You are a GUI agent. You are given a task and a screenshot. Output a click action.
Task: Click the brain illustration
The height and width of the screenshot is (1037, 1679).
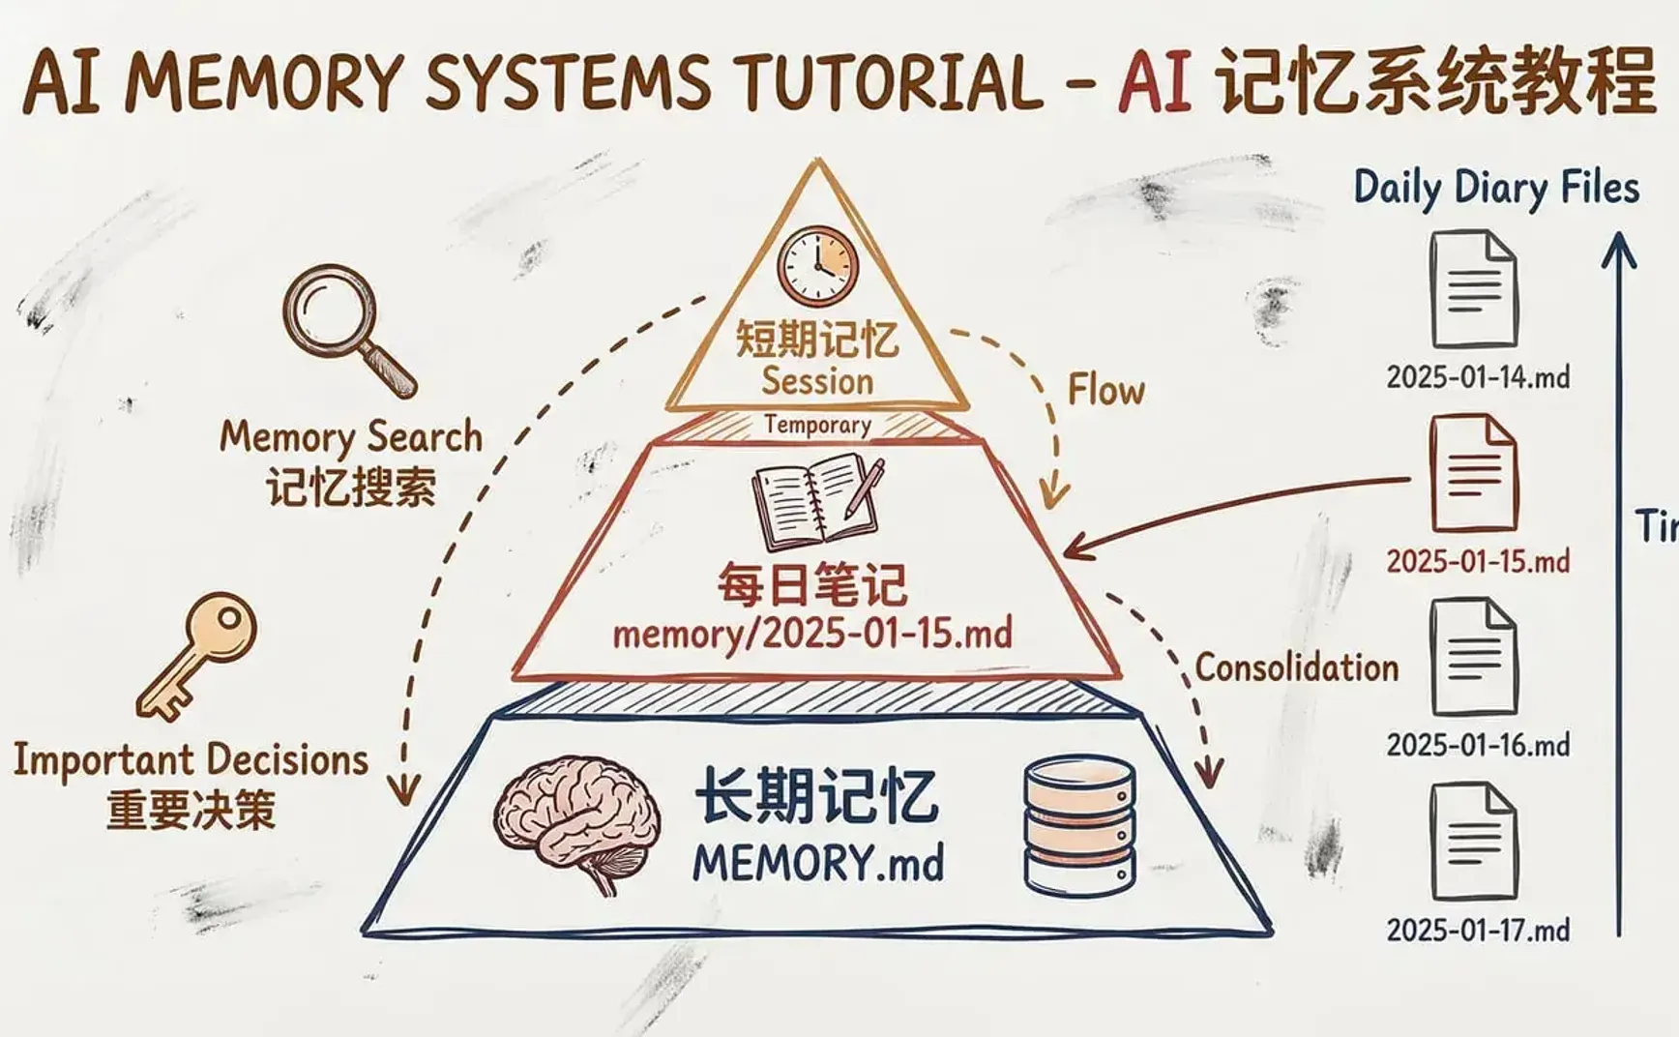coord(578,822)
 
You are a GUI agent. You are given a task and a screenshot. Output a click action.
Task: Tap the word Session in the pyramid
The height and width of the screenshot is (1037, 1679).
coord(817,381)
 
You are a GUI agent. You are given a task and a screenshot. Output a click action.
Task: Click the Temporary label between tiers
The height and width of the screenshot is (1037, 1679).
coord(817,425)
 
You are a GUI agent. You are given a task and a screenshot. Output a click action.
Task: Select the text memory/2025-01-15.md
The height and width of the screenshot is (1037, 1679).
coord(812,635)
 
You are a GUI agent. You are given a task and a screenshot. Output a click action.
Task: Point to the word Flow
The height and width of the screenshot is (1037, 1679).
coord(1105,391)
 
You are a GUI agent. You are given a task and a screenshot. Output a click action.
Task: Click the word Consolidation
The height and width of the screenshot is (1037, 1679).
coord(1296,667)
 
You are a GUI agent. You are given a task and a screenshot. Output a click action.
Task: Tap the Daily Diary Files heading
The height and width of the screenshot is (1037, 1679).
coord(1495,188)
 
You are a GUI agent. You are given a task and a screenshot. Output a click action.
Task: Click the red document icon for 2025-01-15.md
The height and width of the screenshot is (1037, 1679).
coord(1474,473)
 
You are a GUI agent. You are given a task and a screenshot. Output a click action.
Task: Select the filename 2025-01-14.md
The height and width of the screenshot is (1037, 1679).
coord(1478,377)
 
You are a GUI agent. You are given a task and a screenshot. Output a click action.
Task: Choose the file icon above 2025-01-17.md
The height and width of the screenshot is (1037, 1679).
coord(1474,842)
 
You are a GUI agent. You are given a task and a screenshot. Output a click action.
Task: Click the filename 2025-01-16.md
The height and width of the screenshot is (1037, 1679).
coord(1478,746)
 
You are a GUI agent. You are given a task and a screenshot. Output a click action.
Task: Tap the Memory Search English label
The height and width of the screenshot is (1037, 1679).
coord(350,437)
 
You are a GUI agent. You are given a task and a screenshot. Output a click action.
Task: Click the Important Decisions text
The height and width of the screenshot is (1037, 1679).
coord(191,760)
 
